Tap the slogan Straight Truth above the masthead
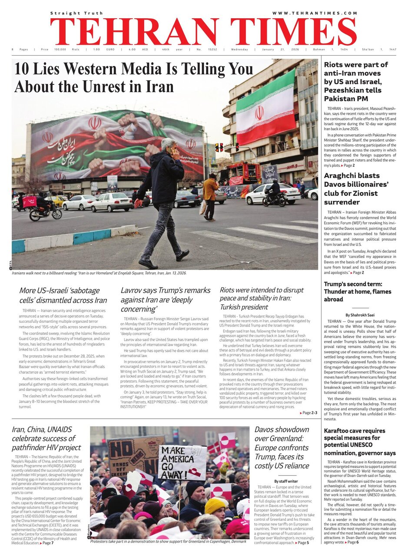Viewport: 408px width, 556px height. [x=76, y=13]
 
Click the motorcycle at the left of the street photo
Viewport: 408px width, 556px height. [x=45, y=212]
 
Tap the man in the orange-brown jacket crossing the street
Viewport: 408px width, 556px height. [x=211, y=195]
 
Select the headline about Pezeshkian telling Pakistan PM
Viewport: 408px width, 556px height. [x=356, y=82]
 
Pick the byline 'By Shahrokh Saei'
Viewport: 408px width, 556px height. [x=360, y=314]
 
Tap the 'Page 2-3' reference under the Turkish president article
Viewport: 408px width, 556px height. [x=308, y=413]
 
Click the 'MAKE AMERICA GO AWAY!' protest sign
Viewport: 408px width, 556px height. [x=182, y=462]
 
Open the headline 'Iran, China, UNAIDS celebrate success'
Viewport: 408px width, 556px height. [x=46, y=438]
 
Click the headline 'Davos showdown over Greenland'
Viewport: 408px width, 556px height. [x=282, y=447]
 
